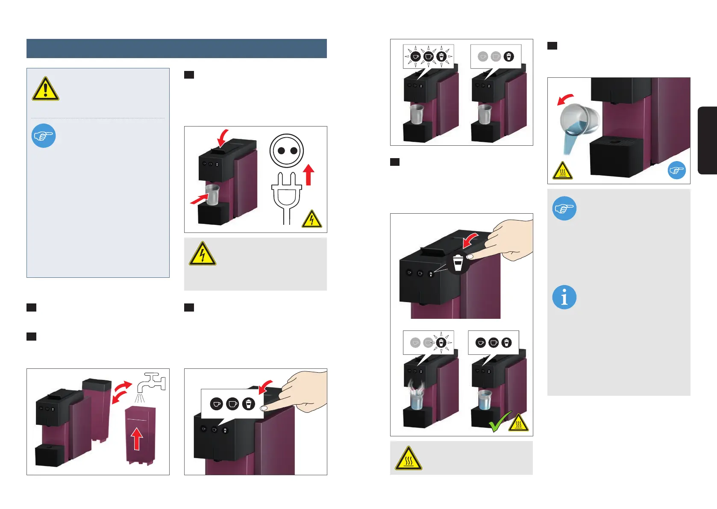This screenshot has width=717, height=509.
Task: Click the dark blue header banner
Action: point(176,48)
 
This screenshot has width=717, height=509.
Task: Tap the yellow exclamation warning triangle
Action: point(45,89)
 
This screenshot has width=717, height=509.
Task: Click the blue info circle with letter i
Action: point(564,297)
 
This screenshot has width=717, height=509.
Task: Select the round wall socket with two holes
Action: point(286,151)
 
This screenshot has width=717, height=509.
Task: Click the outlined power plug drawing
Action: point(287,197)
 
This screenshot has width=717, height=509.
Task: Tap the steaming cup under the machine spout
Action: point(416,397)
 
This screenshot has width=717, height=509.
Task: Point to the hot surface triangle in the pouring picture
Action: point(562,171)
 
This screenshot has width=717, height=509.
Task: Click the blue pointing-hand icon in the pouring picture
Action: point(676,170)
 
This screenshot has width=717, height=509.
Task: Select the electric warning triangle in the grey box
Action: point(202,254)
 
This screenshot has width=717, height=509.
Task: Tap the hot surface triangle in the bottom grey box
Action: point(408,459)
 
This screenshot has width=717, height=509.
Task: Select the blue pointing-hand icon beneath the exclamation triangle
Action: point(44,136)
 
